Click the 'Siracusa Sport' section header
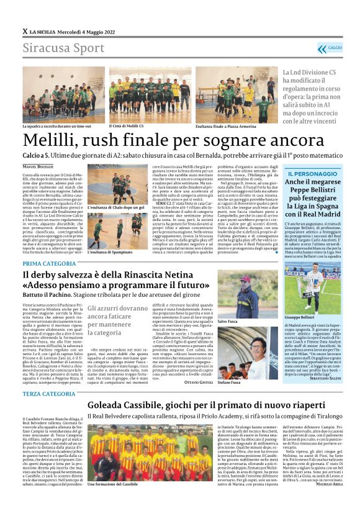pyautogui.click(x=55, y=48)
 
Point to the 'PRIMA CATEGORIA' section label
pyautogui.click(x=50, y=264)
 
